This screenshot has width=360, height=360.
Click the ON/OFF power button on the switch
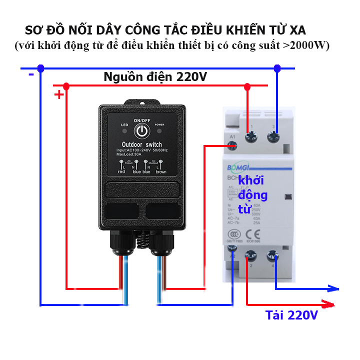(x=142, y=131)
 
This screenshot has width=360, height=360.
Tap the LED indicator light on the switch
(x=124, y=131)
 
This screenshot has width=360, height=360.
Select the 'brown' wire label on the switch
(x=161, y=171)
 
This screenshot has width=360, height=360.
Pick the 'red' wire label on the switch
(x=121, y=171)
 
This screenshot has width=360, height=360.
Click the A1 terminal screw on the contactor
(x=232, y=145)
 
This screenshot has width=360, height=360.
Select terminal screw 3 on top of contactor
(x=273, y=135)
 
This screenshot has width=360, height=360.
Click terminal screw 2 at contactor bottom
(x=249, y=256)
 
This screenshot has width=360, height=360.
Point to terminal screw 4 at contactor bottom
(x=272, y=255)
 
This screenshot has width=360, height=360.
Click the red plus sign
(x=59, y=94)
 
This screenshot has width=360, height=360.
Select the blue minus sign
(x=31, y=74)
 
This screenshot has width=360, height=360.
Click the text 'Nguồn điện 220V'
(x=155, y=77)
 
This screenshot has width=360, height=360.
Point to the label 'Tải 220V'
(x=291, y=315)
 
